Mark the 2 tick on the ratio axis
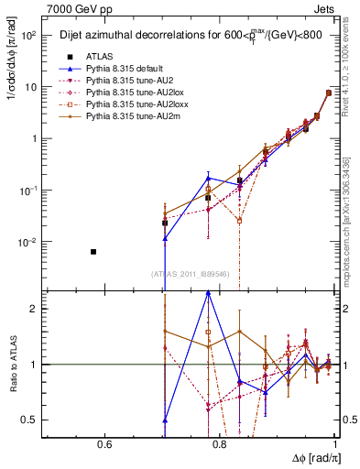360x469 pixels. [40, 309]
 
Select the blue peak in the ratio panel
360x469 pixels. [208, 292]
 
